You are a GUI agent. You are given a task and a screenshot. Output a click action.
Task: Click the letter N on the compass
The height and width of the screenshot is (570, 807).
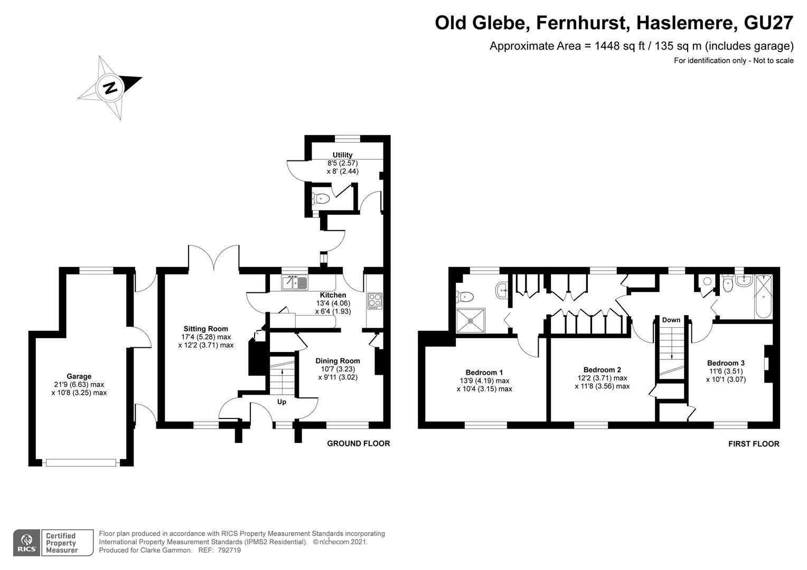click(110, 88)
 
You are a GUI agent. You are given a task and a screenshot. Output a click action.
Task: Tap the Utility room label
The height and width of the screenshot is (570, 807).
click(342, 155)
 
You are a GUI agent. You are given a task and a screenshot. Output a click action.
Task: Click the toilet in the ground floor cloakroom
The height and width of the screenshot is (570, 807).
click(321, 198)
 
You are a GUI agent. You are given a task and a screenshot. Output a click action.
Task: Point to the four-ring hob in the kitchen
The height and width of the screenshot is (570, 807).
click(374, 301)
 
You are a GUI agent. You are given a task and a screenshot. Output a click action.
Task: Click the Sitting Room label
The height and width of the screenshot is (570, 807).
click(206, 328)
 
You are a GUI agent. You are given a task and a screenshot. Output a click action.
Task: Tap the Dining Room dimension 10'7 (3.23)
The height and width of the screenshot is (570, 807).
click(338, 369)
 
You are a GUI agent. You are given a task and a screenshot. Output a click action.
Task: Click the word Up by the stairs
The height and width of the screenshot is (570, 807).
click(281, 402)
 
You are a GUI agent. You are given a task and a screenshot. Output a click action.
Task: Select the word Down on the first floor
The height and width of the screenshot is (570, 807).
click(671, 320)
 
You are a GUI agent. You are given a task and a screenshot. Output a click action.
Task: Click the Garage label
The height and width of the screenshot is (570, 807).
click(79, 376)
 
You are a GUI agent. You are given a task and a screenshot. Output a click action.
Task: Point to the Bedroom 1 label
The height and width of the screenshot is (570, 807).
click(484, 372)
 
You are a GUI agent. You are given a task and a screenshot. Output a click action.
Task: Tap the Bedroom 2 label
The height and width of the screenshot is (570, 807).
click(602, 370)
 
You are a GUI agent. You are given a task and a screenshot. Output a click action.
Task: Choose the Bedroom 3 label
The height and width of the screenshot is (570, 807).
click(726, 363)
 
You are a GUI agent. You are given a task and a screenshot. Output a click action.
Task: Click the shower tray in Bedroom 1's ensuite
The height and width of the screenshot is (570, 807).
click(470, 320)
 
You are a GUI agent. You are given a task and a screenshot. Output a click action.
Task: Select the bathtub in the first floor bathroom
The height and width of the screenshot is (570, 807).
click(763, 297)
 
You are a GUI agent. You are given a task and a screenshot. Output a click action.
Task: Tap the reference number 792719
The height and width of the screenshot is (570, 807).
click(229, 550)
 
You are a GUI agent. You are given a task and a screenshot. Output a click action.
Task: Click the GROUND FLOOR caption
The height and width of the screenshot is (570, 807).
click(359, 444)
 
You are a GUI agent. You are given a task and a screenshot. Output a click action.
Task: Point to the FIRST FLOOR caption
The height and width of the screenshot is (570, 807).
click(754, 444)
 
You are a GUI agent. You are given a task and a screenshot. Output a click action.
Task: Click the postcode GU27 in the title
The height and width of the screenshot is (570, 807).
click(768, 23)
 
